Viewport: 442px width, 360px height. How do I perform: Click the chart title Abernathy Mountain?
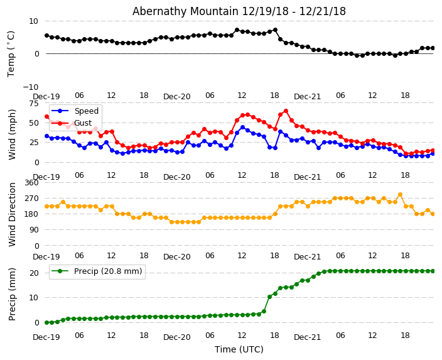click(239, 11)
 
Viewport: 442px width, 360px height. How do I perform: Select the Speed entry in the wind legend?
click(86, 111)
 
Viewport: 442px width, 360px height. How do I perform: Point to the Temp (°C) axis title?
click(11, 53)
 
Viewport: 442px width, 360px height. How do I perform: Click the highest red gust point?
click(286, 111)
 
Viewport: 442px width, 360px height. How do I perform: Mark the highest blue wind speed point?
click(242, 127)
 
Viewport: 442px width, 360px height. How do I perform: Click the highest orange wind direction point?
click(400, 195)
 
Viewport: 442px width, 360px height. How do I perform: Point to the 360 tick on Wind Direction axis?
click(31, 182)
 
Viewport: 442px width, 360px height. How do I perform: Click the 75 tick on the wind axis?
click(34, 103)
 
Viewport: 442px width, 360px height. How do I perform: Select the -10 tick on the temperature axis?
click(33, 87)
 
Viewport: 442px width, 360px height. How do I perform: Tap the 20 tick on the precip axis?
click(35, 273)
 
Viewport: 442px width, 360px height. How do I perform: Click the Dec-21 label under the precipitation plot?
click(308, 337)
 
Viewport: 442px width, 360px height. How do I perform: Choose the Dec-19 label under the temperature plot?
click(46, 96)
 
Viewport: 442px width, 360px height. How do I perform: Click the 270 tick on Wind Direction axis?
click(31, 198)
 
